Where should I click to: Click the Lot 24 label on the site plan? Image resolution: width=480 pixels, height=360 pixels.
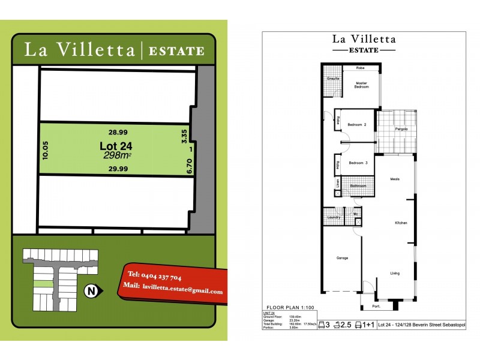[116, 146]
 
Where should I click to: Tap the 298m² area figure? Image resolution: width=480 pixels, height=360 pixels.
[117, 156]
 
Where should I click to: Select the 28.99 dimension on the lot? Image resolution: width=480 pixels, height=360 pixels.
[118, 133]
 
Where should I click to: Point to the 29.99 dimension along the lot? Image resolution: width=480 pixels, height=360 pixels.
[118, 169]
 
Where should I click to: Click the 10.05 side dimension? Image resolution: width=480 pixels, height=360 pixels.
[45, 150]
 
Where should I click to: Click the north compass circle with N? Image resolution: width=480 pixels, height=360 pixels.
[91, 292]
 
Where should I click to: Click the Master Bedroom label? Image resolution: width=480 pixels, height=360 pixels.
[361, 85]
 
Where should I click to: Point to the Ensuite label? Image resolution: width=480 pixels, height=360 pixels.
[334, 79]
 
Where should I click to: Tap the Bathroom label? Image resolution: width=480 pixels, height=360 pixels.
[358, 187]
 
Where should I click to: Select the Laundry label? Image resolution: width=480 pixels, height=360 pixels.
[334, 217]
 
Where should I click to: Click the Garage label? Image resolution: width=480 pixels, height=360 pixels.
[341, 258]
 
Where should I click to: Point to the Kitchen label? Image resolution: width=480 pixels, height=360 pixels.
[401, 223]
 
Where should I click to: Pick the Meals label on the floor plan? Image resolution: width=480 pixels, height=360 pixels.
[395, 179]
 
